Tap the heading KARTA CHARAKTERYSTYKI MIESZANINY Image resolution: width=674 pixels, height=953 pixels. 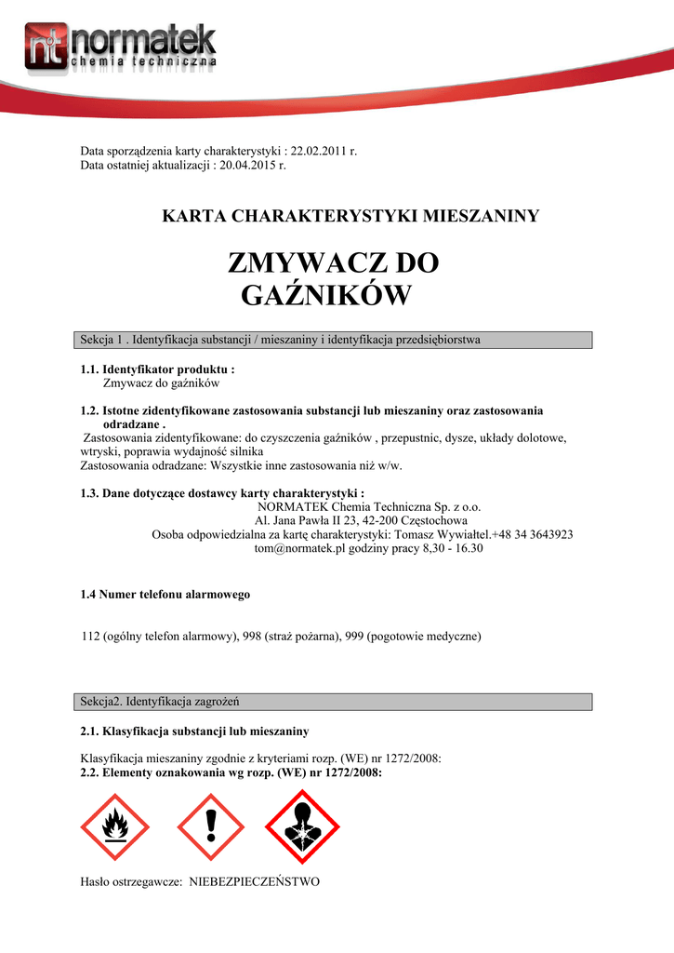pos(350,217)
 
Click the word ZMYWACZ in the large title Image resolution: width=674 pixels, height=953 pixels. pos(297,263)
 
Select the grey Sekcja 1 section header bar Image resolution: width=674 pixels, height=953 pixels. pos(332,340)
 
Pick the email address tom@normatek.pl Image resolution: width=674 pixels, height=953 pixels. pos(309,549)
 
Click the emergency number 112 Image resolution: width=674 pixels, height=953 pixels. pos(90,637)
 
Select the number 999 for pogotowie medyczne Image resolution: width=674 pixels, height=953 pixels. pos(353,637)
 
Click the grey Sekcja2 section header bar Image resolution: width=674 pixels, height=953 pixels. pos(332,700)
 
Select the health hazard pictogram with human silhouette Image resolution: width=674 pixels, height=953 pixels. pos(303,825)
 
